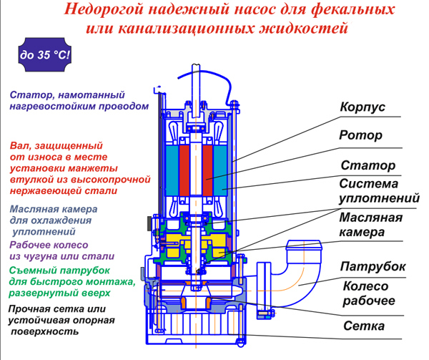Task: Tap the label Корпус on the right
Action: tap(362, 107)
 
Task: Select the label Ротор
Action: tap(360, 135)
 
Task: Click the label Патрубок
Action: tap(373, 266)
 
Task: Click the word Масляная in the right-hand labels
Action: tap(370, 217)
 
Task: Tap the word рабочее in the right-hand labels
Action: tap(368, 300)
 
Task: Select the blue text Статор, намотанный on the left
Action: tap(68, 94)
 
